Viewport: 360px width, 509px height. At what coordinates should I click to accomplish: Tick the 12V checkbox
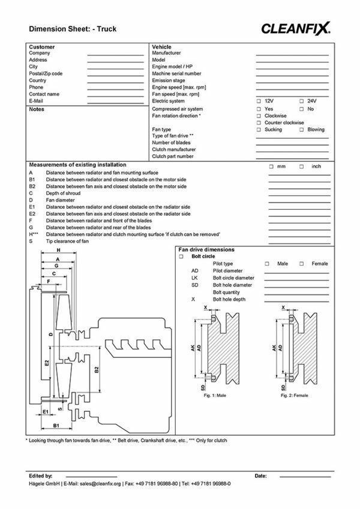[x=259, y=101]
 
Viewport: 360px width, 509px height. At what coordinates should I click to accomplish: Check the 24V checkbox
[x=301, y=101]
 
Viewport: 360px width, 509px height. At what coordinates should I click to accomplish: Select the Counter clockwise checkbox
[x=259, y=122]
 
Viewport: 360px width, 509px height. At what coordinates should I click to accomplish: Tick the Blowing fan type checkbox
[x=301, y=129]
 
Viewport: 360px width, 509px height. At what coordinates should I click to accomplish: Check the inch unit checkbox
[x=302, y=166]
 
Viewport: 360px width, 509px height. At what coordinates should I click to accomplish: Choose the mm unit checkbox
[x=271, y=166]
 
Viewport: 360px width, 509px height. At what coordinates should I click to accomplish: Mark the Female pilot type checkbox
[x=302, y=264]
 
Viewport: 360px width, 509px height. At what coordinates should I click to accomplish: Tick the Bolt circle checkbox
[x=181, y=257]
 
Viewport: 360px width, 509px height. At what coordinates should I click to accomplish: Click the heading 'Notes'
[x=37, y=110]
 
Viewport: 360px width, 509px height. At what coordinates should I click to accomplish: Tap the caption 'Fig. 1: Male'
[x=215, y=396]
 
